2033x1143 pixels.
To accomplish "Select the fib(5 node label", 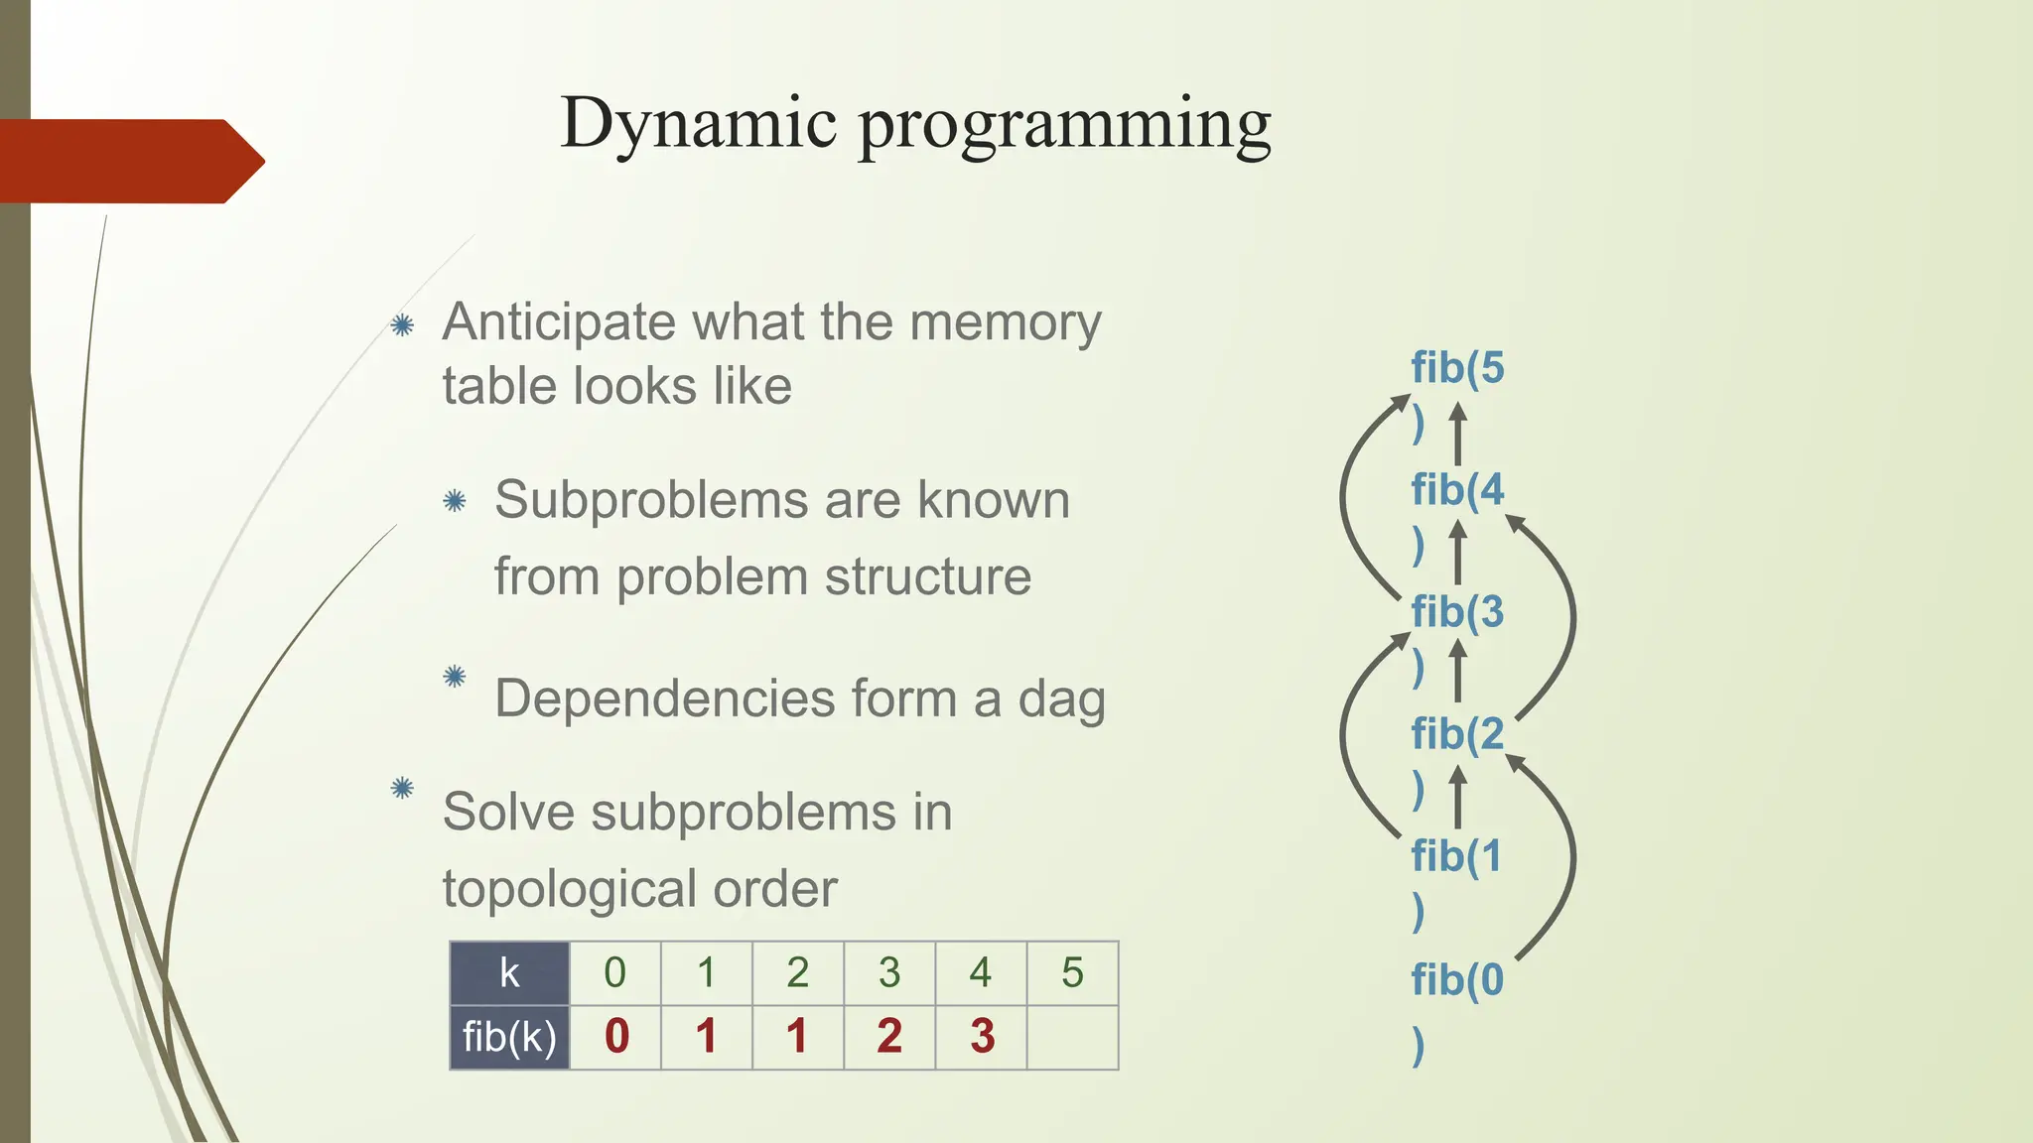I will point(1457,368).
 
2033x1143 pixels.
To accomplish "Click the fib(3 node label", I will point(1457,612).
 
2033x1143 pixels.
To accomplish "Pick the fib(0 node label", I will point(1457,980).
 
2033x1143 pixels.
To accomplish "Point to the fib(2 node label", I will point(1457,734).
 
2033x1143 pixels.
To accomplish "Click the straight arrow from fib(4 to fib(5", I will point(1457,434).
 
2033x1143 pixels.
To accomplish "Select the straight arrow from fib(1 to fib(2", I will point(1457,800).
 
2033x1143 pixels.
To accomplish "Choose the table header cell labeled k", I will point(509,973).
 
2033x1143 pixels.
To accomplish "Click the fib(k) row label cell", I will point(509,1037).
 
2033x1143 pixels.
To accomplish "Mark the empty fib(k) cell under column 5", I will point(1072,1037).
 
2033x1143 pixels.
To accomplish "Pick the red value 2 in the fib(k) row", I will point(889,1037).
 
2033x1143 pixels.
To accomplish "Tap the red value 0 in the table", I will point(616,1037).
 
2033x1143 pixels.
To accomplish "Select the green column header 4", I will point(981,973).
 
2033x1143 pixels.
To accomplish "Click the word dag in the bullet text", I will point(1061,699).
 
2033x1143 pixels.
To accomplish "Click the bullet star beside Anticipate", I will point(402,324).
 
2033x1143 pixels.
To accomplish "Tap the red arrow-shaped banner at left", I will point(129,161).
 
